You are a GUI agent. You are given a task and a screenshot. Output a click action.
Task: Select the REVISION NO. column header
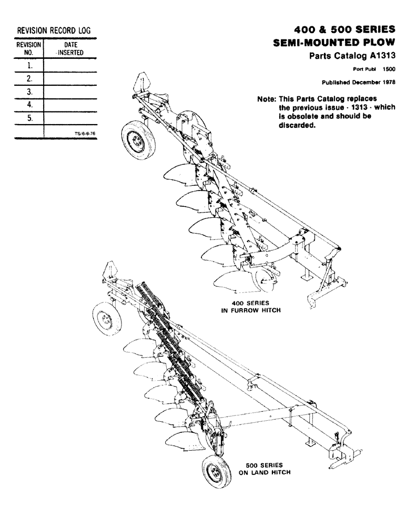(29, 49)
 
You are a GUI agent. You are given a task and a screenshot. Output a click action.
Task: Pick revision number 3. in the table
(30, 92)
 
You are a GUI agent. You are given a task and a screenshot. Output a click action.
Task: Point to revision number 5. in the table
(30, 118)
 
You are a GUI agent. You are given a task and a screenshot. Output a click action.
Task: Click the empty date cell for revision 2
(70, 79)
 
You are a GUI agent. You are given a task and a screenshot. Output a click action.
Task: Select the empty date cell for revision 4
(70, 105)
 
